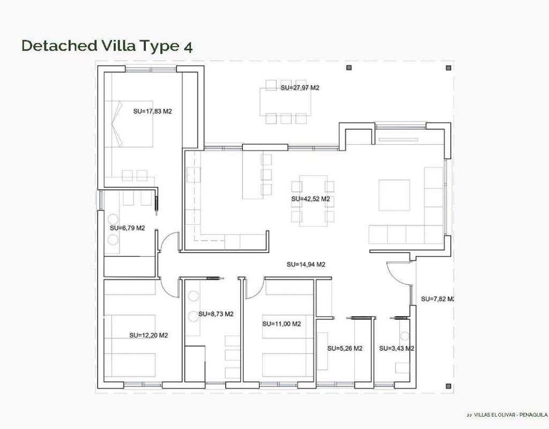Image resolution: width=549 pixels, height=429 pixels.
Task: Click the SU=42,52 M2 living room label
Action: (x=310, y=199)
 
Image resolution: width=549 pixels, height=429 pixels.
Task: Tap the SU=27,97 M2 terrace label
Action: (x=300, y=88)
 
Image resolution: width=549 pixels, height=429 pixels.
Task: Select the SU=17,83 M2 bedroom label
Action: (x=153, y=112)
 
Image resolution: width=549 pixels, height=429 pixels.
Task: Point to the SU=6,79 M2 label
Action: (x=128, y=228)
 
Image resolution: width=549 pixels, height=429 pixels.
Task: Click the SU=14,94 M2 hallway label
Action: (x=306, y=264)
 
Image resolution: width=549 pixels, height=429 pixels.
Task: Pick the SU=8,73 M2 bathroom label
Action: (x=216, y=314)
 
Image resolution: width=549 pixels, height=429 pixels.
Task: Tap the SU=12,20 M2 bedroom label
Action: (x=149, y=335)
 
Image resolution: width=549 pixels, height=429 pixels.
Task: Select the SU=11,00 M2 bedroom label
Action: (x=282, y=324)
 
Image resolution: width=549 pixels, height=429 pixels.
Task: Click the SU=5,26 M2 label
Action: (x=345, y=349)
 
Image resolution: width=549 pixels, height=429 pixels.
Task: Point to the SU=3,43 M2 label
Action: (x=397, y=349)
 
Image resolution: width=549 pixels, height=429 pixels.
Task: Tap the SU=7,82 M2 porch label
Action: (x=437, y=299)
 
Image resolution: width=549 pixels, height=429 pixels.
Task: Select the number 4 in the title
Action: (x=188, y=47)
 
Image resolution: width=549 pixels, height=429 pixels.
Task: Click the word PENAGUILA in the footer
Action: (x=533, y=415)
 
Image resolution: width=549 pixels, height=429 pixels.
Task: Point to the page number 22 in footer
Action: (x=469, y=416)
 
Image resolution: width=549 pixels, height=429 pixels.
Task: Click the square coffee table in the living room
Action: (x=394, y=195)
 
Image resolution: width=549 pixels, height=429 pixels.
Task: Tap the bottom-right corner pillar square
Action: (x=448, y=386)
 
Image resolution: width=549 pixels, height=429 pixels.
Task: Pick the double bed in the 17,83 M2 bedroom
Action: (x=129, y=124)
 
